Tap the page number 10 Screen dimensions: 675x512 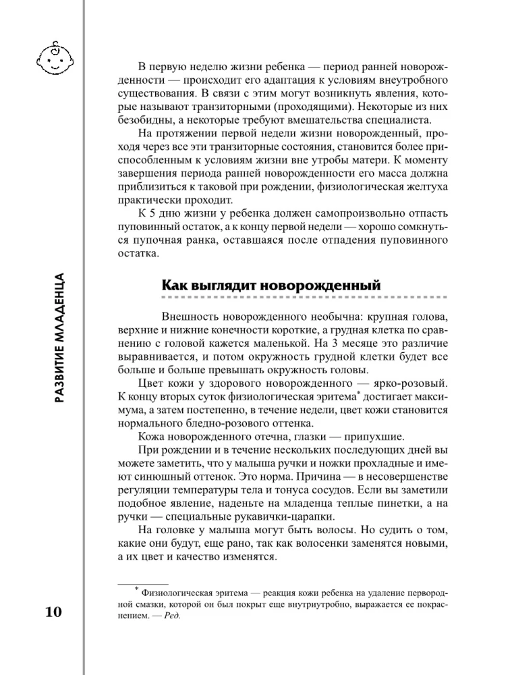[53, 613]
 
